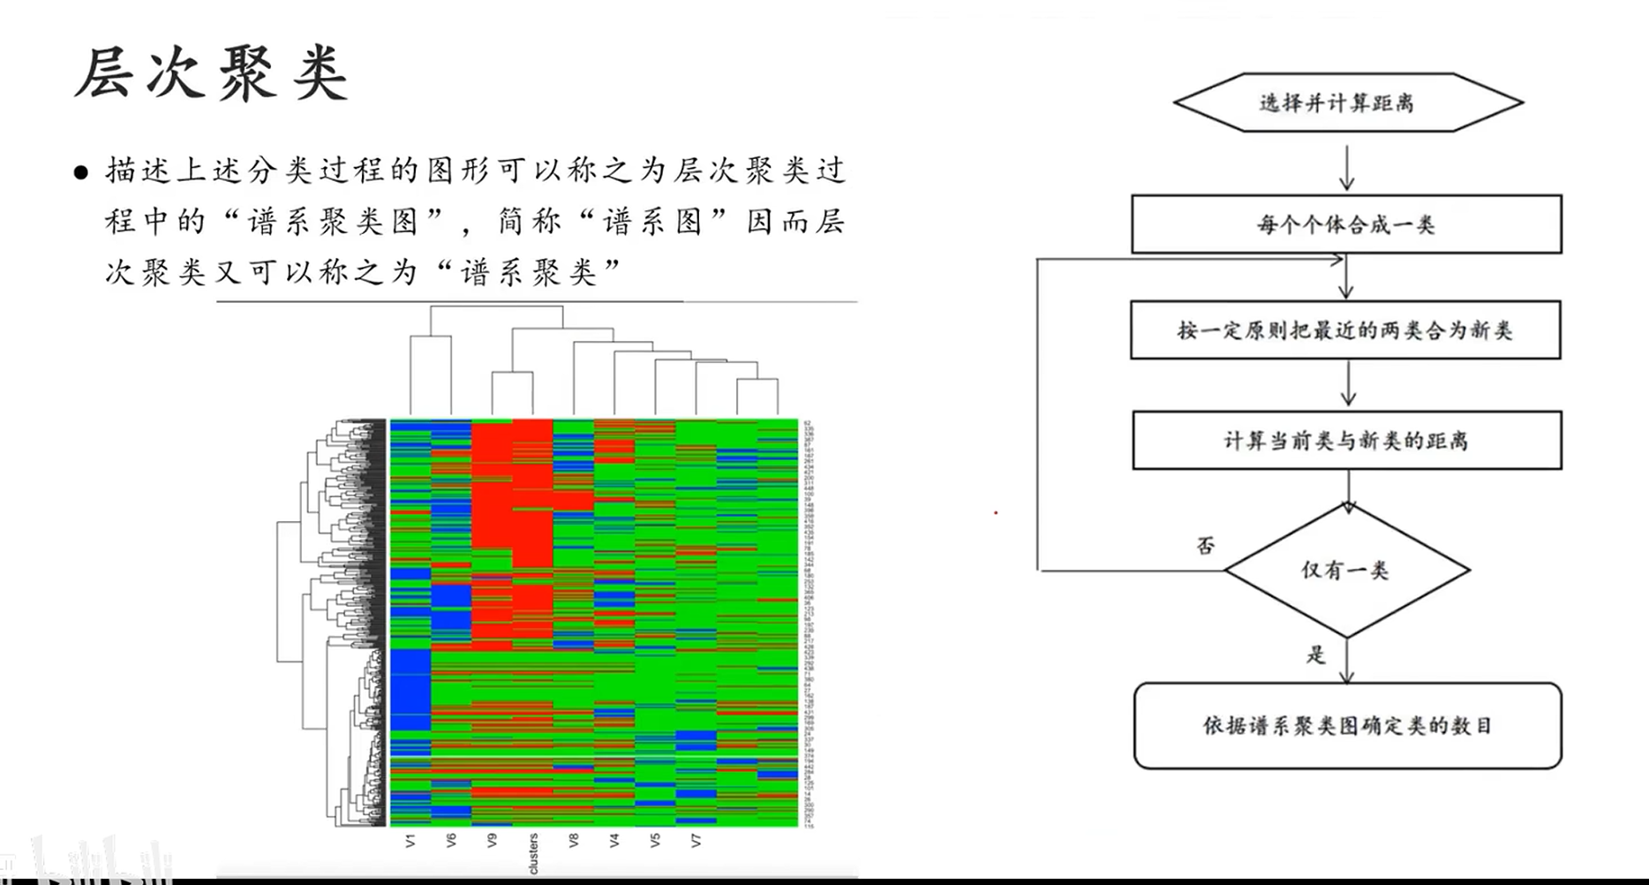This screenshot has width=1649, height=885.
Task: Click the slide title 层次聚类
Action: point(212,74)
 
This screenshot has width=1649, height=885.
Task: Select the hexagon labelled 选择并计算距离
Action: point(1347,103)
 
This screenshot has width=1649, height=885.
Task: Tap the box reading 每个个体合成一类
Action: point(1346,224)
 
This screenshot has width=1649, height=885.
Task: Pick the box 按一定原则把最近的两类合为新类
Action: point(1345,330)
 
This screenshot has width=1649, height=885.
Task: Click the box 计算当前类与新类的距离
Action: point(1346,440)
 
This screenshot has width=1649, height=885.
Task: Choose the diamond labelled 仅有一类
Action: point(1346,571)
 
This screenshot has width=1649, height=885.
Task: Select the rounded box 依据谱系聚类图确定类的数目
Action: point(1347,726)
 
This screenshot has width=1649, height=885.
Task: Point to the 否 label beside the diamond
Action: point(1206,546)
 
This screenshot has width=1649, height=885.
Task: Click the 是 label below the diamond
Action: point(1316,654)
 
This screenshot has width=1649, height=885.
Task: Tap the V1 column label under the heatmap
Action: point(410,840)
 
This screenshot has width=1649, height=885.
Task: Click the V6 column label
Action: point(451,840)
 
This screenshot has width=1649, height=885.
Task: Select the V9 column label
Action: point(492,840)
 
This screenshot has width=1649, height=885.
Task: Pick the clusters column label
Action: point(533,853)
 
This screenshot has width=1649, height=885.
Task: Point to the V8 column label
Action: point(574,840)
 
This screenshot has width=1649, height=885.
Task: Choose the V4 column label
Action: point(614,840)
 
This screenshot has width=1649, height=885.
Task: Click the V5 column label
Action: point(655,840)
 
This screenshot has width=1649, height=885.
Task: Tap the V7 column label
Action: point(696,840)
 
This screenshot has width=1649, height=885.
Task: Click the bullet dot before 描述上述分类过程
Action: point(82,172)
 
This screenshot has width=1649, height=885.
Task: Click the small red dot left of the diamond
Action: point(996,512)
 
